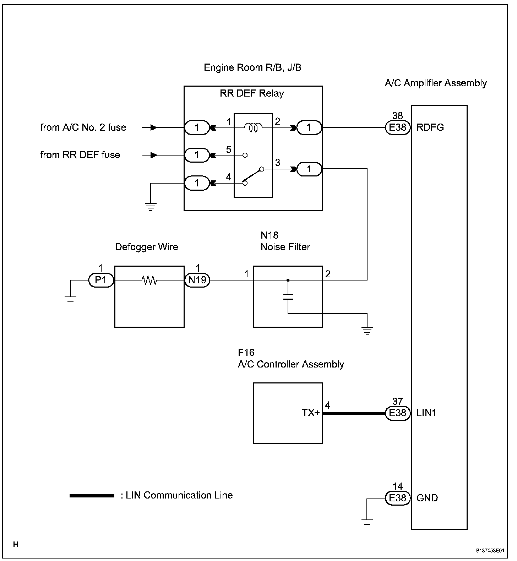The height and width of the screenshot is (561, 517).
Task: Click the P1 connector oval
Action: pyautogui.click(x=101, y=280)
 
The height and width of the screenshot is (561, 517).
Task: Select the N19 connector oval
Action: pyautogui.click(x=197, y=280)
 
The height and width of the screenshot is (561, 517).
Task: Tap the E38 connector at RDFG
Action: pyautogui.click(x=397, y=127)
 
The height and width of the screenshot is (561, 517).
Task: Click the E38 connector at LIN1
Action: pyautogui.click(x=397, y=413)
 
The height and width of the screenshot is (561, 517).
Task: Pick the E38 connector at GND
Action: pyautogui.click(x=397, y=498)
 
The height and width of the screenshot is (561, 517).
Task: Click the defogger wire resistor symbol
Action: pyautogui.click(x=149, y=280)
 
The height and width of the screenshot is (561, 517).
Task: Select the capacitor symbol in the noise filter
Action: pyautogui.click(x=288, y=296)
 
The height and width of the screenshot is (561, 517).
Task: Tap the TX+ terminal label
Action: pyautogui.click(x=311, y=413)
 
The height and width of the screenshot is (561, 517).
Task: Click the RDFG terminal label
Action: pyautogui.click(x=430, y=127)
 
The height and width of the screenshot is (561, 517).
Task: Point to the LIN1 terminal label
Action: pyautogui.click(x=426, y=413)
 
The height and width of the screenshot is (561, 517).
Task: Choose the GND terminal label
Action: pyautogui.click(x=427, y=498)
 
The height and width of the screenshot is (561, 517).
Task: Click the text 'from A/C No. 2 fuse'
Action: pyautogui.click(x=83, y=127)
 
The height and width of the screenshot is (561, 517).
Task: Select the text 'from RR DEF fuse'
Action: pyautogui.click(x=80, y=155)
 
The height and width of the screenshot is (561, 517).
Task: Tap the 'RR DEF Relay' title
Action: pyautogui.click(x=252, y=93)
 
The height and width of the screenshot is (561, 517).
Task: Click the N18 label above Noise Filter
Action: pyautogui.click(x=270, y=235)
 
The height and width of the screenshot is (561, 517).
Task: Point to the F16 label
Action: pyautogui.click(x=246, y=353)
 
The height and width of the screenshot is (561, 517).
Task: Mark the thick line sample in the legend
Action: pyautogui.click(x=92, y=496)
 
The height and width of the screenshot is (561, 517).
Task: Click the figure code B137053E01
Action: pyautogui.click(x=490, y=551)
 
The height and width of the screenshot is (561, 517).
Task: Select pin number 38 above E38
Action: pyautogui.click(x=397, y=115)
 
